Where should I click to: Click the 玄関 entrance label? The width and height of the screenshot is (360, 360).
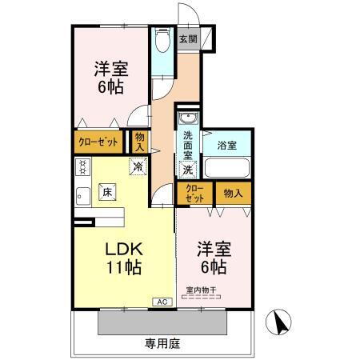pos(187,39)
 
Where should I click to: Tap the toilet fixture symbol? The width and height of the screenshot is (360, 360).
pos(162,40)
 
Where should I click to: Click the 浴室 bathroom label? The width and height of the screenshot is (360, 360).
pos(226,145)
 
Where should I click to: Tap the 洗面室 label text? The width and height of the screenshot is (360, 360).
pos(187,145)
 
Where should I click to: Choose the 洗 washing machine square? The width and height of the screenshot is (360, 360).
pos(188,169)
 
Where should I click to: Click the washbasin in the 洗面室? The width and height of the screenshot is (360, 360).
pos(187,120)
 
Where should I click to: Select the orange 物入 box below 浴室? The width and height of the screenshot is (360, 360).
pos(233,193)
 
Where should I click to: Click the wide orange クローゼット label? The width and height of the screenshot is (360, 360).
pos(99,142)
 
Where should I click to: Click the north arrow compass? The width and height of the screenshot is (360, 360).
pos(281,324)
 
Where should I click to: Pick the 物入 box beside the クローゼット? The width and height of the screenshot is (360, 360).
pos(140,142)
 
